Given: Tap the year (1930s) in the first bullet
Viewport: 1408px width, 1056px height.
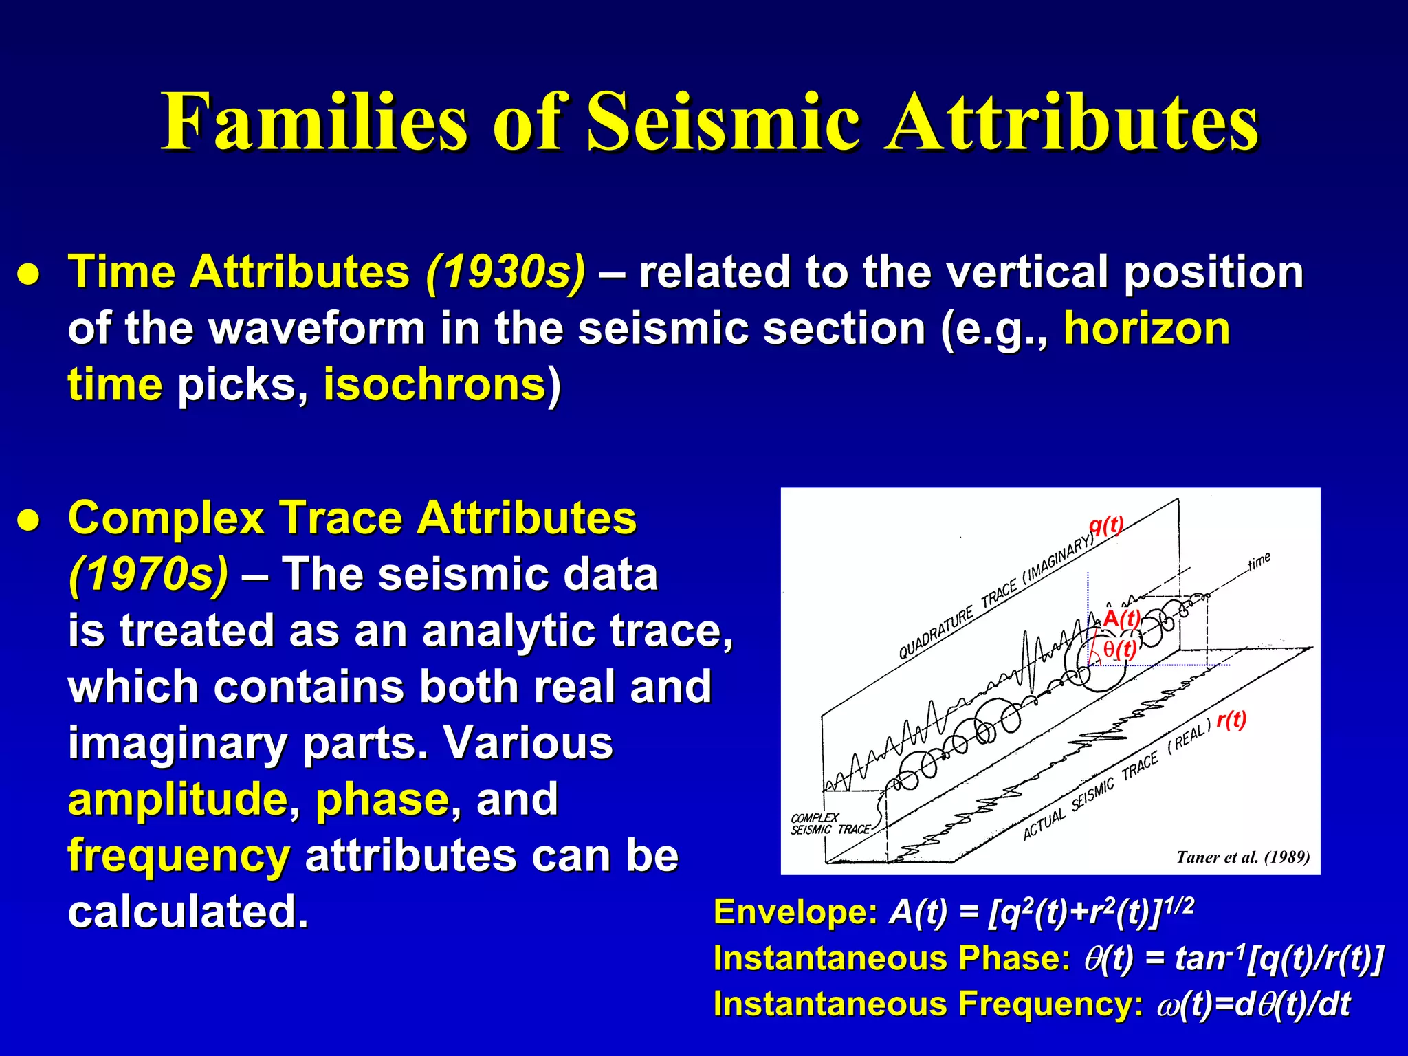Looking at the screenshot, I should [505, 272].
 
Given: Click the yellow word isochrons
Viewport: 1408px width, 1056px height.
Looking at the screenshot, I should [434, 384].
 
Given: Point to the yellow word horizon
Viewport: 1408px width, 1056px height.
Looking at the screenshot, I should [1147, 328].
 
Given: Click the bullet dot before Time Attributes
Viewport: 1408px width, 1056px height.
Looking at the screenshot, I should [28, 274].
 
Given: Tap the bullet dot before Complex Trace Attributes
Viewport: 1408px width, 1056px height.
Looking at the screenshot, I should [28, 520].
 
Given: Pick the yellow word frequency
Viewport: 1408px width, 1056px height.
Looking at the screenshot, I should [179, 856].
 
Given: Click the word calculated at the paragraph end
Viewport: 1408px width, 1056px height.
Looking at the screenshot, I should [188, 912].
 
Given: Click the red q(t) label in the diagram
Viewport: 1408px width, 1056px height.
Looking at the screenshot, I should [1105, 525].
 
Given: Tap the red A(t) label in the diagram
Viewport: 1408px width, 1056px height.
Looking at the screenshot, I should [1121, 617].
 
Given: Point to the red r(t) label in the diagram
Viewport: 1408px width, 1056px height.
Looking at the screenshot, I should [1231, 720].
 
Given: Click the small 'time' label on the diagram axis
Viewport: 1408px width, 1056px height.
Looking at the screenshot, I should [1259, 562].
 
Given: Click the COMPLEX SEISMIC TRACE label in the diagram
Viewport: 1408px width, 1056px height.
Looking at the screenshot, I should [829, 824].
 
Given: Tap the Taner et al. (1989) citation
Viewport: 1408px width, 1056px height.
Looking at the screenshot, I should [1242, 857].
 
